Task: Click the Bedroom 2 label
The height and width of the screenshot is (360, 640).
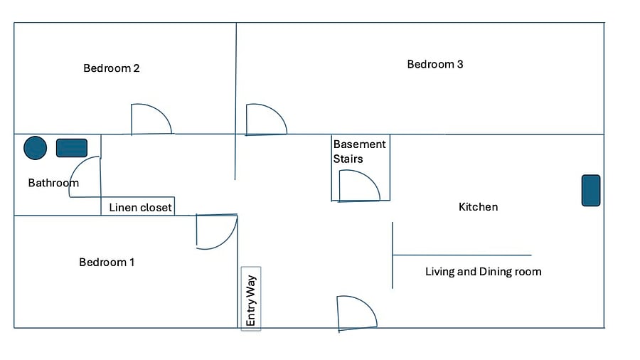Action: coord(112,68)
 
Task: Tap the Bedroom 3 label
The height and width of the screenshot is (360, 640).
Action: coord(435,64)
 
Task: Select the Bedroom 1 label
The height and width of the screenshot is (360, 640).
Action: coord(107,262)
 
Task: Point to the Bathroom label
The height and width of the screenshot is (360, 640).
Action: coord(53,183)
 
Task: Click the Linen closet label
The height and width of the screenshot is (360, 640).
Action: coord(140,207)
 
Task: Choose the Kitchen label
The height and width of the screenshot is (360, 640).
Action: coord(479,207)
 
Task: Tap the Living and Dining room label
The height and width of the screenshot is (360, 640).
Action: coord(484,272)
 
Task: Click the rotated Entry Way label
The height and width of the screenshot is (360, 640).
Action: coord(251,300)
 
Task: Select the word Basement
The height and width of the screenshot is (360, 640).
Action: coord(360,144)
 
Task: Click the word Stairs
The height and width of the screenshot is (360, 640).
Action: coord(348,159)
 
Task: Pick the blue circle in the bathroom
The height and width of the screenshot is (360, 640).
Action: coord(35,148)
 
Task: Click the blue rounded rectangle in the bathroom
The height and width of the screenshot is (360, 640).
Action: coord(72,148)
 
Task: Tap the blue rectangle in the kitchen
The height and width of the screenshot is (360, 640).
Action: coord(591,191)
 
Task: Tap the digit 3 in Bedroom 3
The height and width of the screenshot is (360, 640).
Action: coord(460,64)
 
